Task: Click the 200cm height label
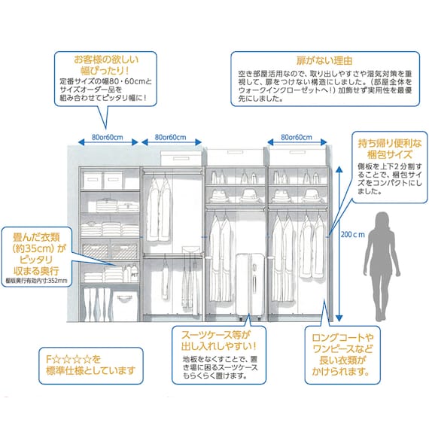pos(352,235)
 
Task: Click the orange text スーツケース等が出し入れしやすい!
pos(214,341)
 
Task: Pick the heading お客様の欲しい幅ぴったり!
pos(105,62)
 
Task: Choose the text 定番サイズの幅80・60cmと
pos(105,81)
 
